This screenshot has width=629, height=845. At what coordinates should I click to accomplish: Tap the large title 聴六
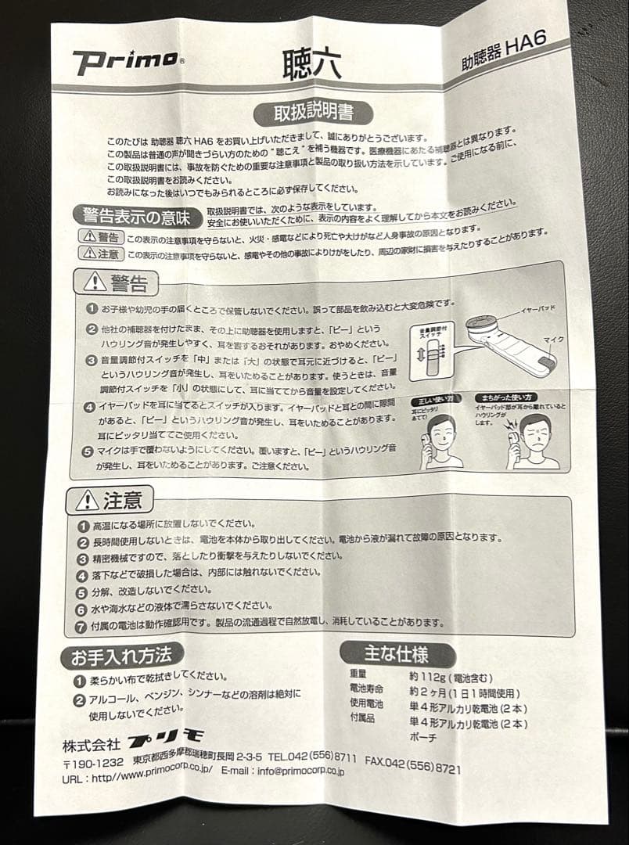pyautogui.click(x=311, y=63)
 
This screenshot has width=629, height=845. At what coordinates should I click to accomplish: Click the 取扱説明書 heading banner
pyautogui.click(x=312, y=111)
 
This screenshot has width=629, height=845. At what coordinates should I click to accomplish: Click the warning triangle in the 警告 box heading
pyautogui.click(x=95, y=281)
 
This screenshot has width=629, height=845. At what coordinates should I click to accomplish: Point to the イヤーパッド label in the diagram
pyautogui.click(x=539, y=309)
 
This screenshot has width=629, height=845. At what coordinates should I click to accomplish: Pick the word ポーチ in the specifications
pyautogui.click(x=423, y=737)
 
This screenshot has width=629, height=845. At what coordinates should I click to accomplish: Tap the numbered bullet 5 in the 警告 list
pyautogui.click(x=91, y=451)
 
